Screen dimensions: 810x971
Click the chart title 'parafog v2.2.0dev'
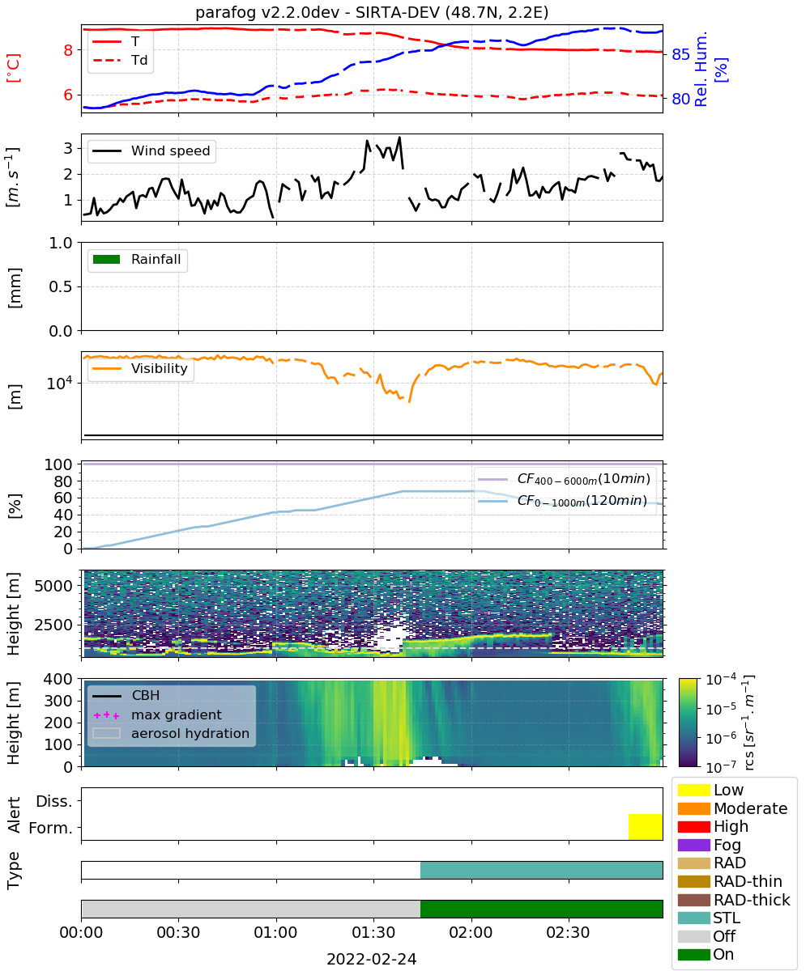click(267, 12)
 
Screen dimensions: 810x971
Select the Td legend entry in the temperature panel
click(120, 60)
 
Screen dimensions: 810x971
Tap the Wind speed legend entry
click(151, 151)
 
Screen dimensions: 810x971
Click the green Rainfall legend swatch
click(107, 259)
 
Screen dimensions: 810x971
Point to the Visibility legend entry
click(139, 368)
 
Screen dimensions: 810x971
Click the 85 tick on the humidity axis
click(680, 55)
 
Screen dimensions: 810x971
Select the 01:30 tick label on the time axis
click(373, 932)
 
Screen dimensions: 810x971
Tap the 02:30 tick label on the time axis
click(568, 932)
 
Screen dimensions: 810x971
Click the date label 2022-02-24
click(372, 959)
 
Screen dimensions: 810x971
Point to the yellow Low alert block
click(646, 826)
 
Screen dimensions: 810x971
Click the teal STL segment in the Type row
click(541, 870)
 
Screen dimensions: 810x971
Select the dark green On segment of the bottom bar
click(541, 909)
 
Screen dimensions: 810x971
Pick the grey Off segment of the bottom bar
click(251, 909)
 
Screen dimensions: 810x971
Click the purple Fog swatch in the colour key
click(693, 845)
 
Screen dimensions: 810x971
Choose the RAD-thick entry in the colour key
click(734, 899)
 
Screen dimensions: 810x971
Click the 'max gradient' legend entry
click(157, 714)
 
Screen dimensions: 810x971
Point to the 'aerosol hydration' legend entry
click(171, 733)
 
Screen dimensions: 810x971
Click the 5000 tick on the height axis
click(53, 586)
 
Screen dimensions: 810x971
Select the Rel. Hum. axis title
click(701, 69)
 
